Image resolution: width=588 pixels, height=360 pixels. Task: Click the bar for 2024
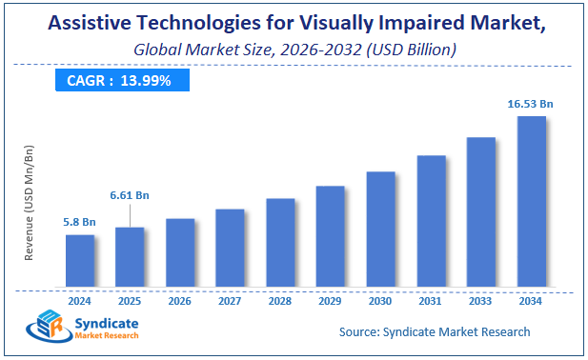[x=80, y=260]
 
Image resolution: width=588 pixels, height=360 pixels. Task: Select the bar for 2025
[x=130, y=256]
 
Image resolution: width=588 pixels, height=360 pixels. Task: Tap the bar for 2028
[x=280, y=242]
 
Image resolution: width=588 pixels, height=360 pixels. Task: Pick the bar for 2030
[x=380, y=229]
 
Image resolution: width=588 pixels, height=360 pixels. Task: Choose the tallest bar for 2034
[x=531, y=201]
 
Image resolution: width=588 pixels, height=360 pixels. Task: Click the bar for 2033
[x=480, y=211]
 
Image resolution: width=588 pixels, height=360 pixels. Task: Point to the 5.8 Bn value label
[x=80, y=222]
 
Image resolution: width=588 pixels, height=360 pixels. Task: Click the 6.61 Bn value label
[x=130, y=195]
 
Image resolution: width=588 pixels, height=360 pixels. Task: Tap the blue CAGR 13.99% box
[x=118, y=81]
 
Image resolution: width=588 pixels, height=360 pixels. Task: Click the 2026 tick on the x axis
[x=180, y=300]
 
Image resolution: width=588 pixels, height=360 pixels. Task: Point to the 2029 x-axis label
[x=330, y=300]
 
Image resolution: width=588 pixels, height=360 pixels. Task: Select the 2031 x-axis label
[x=430, y=300]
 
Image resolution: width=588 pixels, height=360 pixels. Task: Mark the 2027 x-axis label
[x=230, y=300]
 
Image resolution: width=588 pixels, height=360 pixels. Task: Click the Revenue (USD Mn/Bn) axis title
[x=30, y=203]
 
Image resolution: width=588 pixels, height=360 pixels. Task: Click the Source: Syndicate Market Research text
[x=435, y=331]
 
